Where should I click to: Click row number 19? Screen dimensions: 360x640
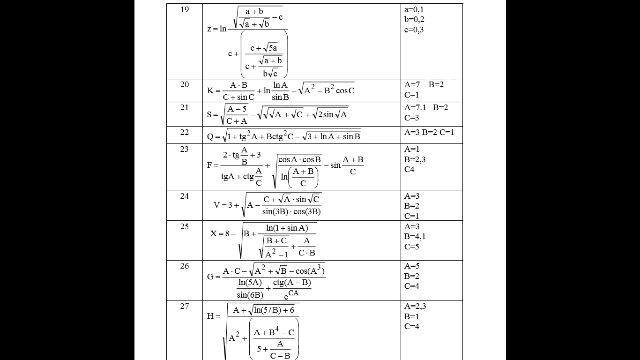coord(185,9)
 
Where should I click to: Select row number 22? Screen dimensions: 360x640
coord(185,132)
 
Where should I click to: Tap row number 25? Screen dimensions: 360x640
coord(185,226)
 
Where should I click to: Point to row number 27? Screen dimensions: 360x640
coord(185,306)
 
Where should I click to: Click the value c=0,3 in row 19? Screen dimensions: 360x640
coord(414,30)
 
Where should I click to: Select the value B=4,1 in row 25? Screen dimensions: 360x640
coord(415,236)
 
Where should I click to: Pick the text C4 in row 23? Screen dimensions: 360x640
coord(409,169)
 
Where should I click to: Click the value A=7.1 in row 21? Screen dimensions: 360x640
coord(415,107)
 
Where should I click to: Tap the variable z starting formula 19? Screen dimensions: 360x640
coord(209,29)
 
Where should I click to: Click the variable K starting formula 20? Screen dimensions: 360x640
coord(210,91)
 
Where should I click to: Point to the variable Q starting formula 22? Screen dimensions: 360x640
coord(210,137)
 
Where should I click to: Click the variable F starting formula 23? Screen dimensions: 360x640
coord(209,165)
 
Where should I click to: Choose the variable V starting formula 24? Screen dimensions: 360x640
coord(216,205)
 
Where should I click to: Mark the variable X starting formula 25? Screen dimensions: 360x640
coord(214,233)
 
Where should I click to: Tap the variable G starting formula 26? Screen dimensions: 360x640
coord(210,277)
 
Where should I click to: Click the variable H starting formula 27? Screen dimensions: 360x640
coord(210,316)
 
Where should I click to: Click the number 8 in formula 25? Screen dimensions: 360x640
coord(227,233)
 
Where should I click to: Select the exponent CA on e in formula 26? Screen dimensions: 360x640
coord(293,293)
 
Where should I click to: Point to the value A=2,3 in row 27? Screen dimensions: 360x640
coord(415,306)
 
